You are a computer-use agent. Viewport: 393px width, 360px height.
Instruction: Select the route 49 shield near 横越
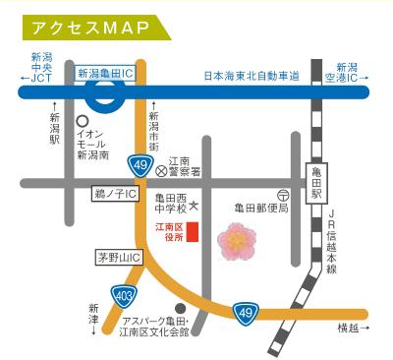point(246,314)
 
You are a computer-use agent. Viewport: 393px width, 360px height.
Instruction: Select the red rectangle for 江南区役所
point(194,232)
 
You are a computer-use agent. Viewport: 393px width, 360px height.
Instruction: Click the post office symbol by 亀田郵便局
point(282,196)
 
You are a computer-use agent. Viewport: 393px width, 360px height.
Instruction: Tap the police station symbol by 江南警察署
point(162,169)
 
